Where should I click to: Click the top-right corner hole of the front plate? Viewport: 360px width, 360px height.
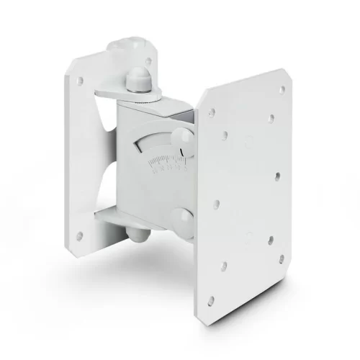[x=282, y=89]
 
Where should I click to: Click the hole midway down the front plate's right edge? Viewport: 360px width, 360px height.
[x=276, y=175]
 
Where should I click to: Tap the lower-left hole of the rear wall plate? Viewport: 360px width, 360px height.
[x=81, y=235]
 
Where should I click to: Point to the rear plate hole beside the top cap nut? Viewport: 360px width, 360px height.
[x=149, y=61]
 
